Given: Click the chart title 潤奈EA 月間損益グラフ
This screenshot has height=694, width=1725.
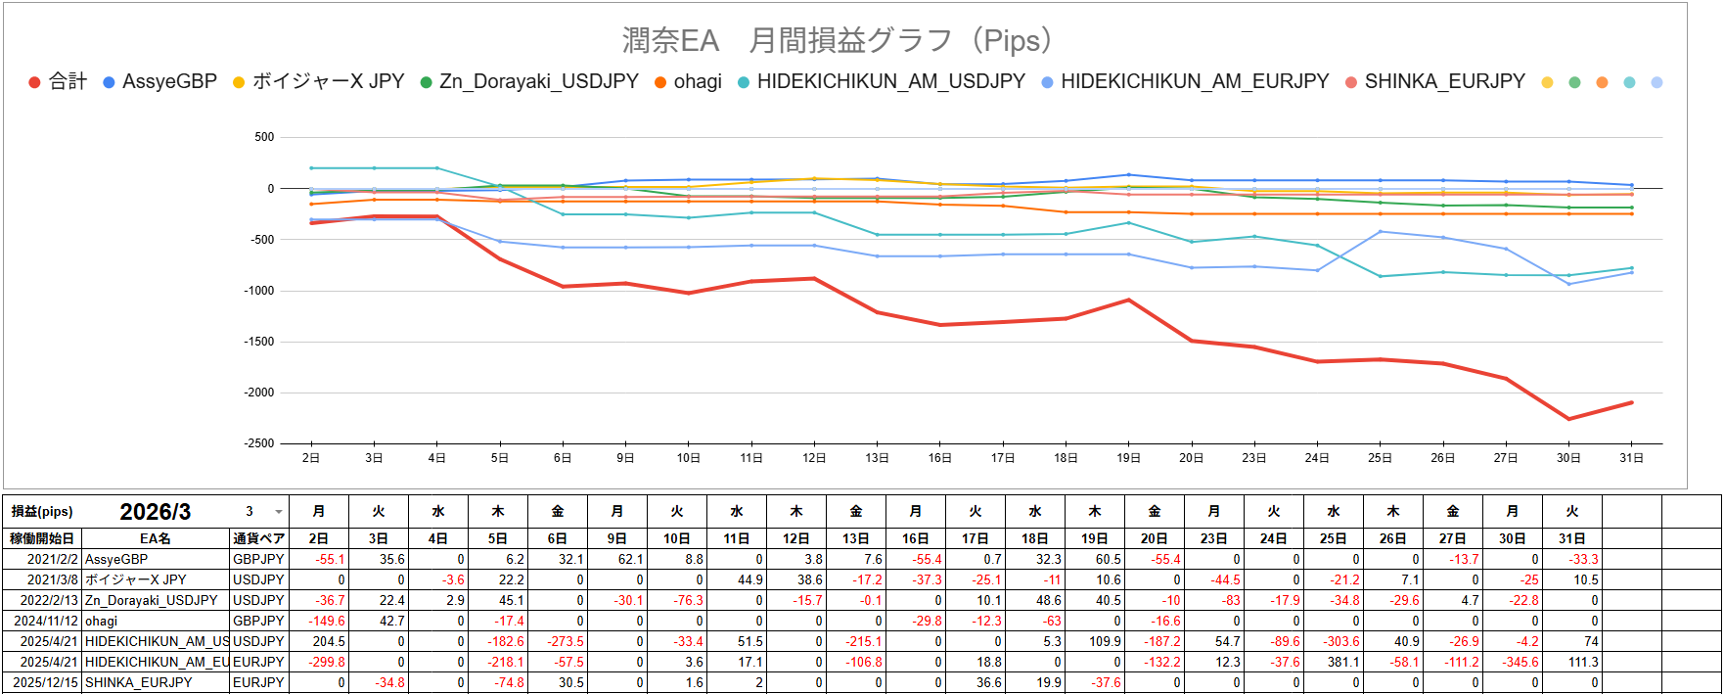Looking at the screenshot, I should [x=838, y=41].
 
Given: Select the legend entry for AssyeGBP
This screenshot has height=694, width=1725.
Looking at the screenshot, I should [x=169, y=82].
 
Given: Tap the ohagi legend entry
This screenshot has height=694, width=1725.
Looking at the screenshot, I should [x=697, y=82].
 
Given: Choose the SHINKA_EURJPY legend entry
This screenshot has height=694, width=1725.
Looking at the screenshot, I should [x=1444, y=82].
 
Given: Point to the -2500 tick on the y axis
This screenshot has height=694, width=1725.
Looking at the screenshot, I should [x=259, y=443].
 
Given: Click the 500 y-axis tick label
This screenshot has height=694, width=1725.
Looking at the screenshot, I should [x=264, y=137].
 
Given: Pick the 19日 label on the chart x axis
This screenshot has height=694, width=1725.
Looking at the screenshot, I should [x=1128, y=458].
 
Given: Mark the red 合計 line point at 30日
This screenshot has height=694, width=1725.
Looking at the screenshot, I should [x=1569, y=419].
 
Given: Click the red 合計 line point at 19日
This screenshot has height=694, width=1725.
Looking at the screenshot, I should [x=1129, y=300].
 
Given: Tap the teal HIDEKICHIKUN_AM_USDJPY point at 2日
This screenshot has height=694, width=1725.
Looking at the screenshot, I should [x=311, y=168].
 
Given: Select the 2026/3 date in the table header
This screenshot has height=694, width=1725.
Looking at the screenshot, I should [x=155, y=512].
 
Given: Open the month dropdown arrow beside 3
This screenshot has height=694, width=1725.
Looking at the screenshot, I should [x=279, y=512].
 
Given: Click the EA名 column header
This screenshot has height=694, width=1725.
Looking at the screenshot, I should [x=155, y=538].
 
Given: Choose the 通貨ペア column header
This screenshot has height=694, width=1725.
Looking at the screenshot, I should [x=259, y=538].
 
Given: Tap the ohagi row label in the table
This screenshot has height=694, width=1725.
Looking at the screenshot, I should [x=101, y=621].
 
